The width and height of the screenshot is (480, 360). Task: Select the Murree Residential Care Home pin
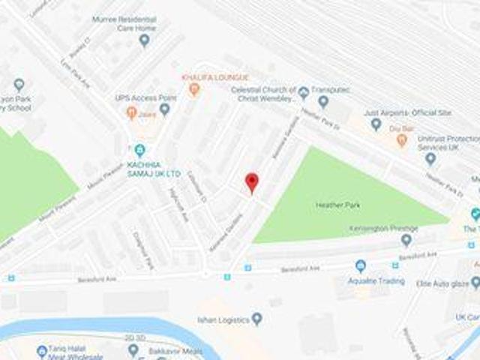144,40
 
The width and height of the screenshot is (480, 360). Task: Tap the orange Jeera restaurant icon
132,112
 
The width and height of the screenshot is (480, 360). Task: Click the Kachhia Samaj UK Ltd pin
140,149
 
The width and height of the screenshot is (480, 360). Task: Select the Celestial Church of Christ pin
303,93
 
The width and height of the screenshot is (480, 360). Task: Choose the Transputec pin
323,101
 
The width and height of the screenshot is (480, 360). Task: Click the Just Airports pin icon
376,124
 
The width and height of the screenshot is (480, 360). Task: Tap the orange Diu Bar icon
402,140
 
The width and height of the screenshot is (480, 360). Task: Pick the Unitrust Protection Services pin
430,157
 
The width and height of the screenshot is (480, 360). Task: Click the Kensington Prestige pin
406,240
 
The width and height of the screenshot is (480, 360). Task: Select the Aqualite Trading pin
360,266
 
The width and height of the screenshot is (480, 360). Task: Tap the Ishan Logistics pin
257,319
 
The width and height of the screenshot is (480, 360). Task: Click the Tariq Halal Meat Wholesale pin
42,351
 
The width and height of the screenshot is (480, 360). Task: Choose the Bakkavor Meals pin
133,349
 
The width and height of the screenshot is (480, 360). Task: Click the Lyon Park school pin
19,85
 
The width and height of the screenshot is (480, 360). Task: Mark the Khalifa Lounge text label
214,78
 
